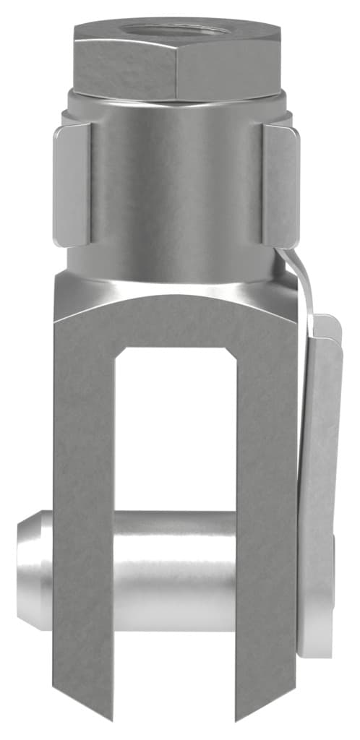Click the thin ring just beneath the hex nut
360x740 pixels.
[177, 100]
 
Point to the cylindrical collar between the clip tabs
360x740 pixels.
[177, 181]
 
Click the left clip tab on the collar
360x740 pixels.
[72, 184]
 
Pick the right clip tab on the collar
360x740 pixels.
[282, 184]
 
